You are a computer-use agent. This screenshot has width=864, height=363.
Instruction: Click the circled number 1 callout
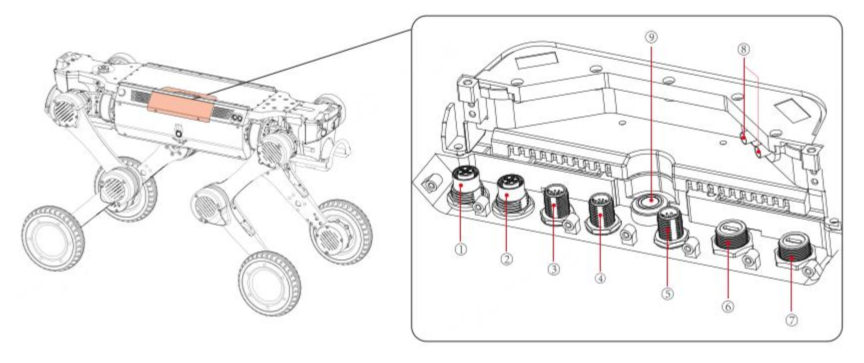pos(461,248)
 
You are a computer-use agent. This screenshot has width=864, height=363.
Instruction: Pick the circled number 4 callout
pos(600,278)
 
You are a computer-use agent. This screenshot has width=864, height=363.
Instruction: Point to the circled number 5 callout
pos(667,293)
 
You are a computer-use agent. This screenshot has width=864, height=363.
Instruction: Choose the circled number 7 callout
pos(792,320)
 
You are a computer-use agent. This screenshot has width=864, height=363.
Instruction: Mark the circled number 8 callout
pos(744,49)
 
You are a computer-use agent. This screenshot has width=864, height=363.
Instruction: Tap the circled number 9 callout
pos(651,37)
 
